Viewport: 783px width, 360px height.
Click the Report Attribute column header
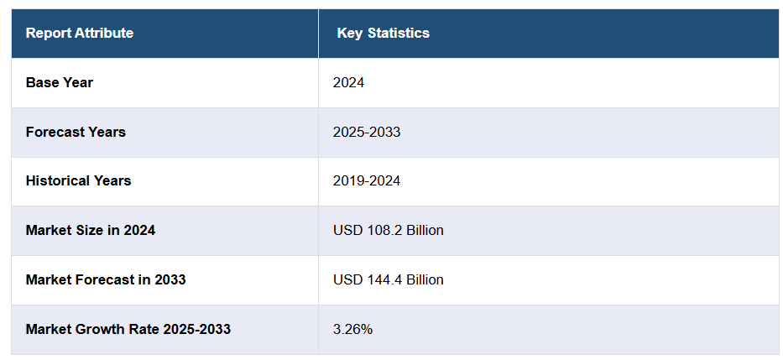point(79,34)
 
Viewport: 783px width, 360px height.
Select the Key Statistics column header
point(383,34)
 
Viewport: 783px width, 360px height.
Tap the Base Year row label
point(60,83)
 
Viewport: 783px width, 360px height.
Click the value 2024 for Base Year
point(348,83)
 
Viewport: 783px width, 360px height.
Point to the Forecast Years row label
point(76,132)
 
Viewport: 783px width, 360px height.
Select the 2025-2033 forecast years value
point(367,132)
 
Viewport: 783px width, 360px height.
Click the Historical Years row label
point(78,180)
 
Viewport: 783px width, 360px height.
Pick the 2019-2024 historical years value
point(367,180)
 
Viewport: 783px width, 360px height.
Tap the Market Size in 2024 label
point(91,230)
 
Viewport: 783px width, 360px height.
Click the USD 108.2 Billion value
point(388,230)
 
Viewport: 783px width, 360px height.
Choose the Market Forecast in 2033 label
point(106,279)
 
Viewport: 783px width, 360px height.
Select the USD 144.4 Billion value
point(388,279)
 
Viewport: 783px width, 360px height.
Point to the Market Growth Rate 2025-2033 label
point(128,329)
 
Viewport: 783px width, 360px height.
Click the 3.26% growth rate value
point(352,329)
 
